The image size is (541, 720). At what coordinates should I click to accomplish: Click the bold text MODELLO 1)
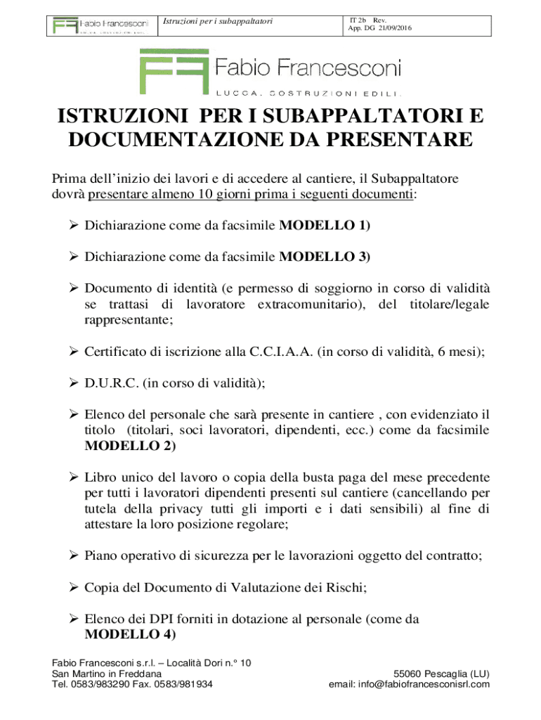pos(325,226)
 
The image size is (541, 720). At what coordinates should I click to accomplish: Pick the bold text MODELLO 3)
pos(325,257)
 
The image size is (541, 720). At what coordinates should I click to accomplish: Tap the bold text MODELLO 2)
pos(130,445)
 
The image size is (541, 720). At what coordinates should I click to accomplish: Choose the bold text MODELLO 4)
pos(130,634)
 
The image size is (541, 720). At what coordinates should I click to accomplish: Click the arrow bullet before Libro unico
pos(73,477)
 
